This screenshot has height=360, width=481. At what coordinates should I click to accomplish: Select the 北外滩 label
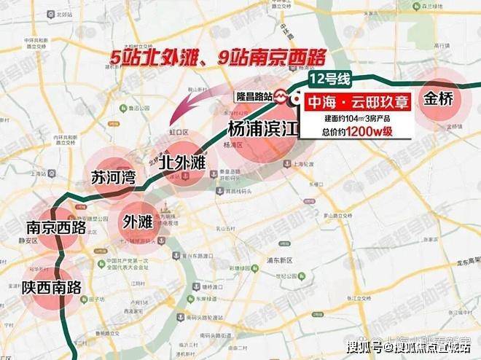tap(181, 160)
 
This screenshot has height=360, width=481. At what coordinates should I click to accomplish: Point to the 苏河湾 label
tap(113, 178)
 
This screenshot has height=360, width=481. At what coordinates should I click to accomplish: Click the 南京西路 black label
tap(55, 228)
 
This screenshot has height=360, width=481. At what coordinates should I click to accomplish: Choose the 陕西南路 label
tap(49, 285)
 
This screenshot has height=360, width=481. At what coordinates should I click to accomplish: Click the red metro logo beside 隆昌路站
tap(283, 96)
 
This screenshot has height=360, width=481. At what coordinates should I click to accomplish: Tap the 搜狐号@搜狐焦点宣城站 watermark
tap(409, 346)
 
